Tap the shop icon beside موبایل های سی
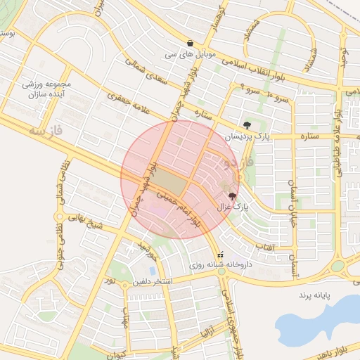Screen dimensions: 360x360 (190, 43)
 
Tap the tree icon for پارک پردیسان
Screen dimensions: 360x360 (246, 125)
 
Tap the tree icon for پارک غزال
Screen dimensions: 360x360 (233, 196)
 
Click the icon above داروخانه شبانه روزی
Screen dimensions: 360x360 (221, 255)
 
